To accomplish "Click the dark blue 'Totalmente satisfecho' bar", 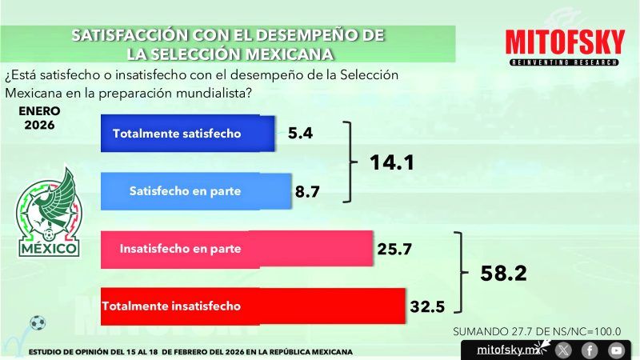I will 187,134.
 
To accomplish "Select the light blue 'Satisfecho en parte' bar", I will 196,191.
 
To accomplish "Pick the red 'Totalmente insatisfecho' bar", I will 253,306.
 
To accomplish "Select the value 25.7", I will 394,250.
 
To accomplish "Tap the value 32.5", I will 427,306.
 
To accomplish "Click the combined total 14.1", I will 391,163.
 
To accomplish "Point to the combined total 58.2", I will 503,273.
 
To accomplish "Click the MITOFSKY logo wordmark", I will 564,42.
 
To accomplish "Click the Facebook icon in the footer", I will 590,350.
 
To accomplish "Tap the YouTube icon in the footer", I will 615,350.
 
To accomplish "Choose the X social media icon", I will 564,350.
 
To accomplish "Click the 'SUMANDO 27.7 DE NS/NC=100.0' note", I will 537,331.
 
